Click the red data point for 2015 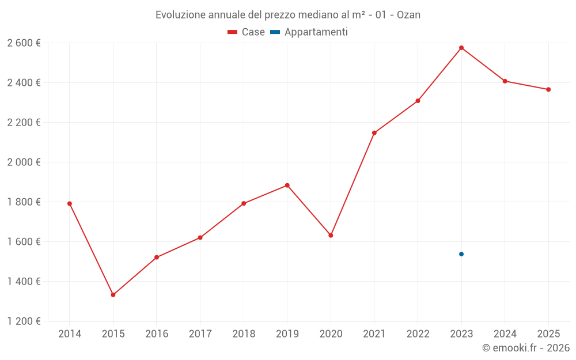click(x=113, y=295)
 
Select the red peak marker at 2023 click(x=461, y=48)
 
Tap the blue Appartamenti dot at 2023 click(x=461, y=254)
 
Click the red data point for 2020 click(x=331, y=236)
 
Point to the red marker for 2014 click(x=70, y=203)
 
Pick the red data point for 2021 click(x=374, y=133)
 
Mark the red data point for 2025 click(x=548, y=89)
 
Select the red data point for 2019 click(x=287, y=185)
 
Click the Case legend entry click(x=247, y=32)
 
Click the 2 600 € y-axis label click(x=24, y=43)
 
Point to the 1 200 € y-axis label click(x=24, y=321)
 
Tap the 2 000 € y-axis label click(x=24, y=162)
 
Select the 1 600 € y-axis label click(x=24, y=242)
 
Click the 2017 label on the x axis click(x=200, y=334)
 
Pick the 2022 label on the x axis click(x=418, y=334)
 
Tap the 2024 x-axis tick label click(x=505, y=334)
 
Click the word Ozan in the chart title click(x=408, y=14)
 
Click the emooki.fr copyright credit click(x=525, y=348)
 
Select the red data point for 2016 click(x=157, y=257)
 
